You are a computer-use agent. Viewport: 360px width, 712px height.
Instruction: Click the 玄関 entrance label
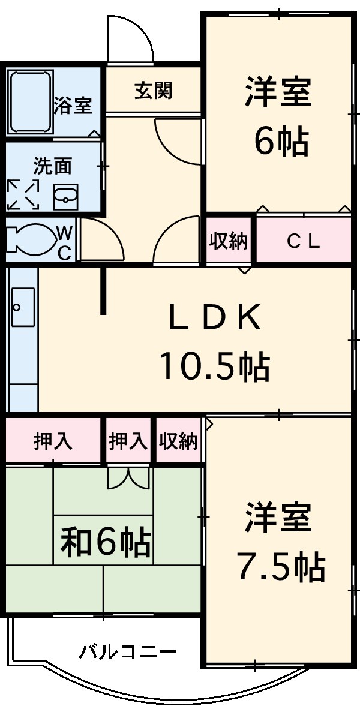tap(153, 90)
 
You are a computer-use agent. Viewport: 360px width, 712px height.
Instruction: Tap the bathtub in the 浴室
tap(30, 103)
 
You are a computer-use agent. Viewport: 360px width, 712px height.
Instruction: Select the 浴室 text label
tap(73, 106)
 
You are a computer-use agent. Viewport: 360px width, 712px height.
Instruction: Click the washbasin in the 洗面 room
tap(65, 196)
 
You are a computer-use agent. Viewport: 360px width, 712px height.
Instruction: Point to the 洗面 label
tap(52, 166)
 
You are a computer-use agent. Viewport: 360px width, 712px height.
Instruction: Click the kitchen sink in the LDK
tap(23, 307)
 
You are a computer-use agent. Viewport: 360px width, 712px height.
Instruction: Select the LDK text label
tap(214, 318)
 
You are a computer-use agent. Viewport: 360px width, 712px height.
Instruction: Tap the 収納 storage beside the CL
tap(228, 241)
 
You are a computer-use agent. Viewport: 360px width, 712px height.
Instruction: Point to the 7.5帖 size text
tap(281, 566)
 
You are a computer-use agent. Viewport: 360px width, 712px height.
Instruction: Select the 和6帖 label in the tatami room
tap(105, 541)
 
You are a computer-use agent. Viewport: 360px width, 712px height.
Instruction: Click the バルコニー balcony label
tap(128, 651)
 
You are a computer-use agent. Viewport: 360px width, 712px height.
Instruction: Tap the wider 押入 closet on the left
tap(53, 441)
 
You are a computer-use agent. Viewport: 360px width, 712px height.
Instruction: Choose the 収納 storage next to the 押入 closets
tap(178, 441)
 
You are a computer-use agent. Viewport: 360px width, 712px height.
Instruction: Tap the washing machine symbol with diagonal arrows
tap(23, 195)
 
